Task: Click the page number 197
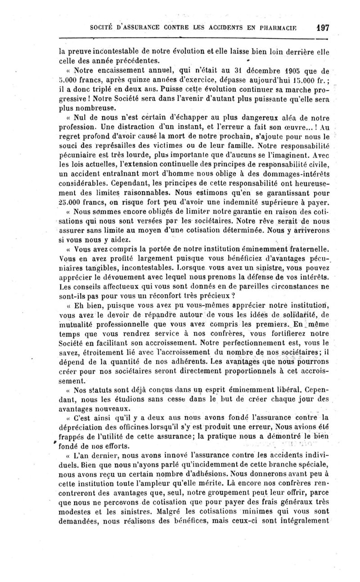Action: tap(322, 27)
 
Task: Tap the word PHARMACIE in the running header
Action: tap(282, 27)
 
